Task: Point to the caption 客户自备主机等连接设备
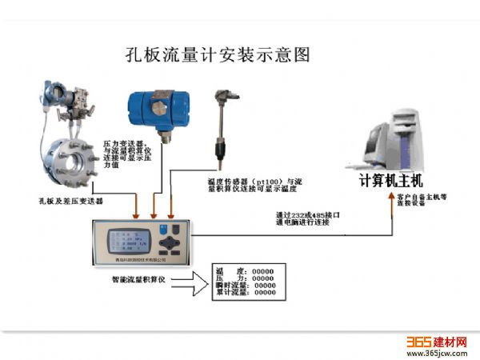tap(426, 201)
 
